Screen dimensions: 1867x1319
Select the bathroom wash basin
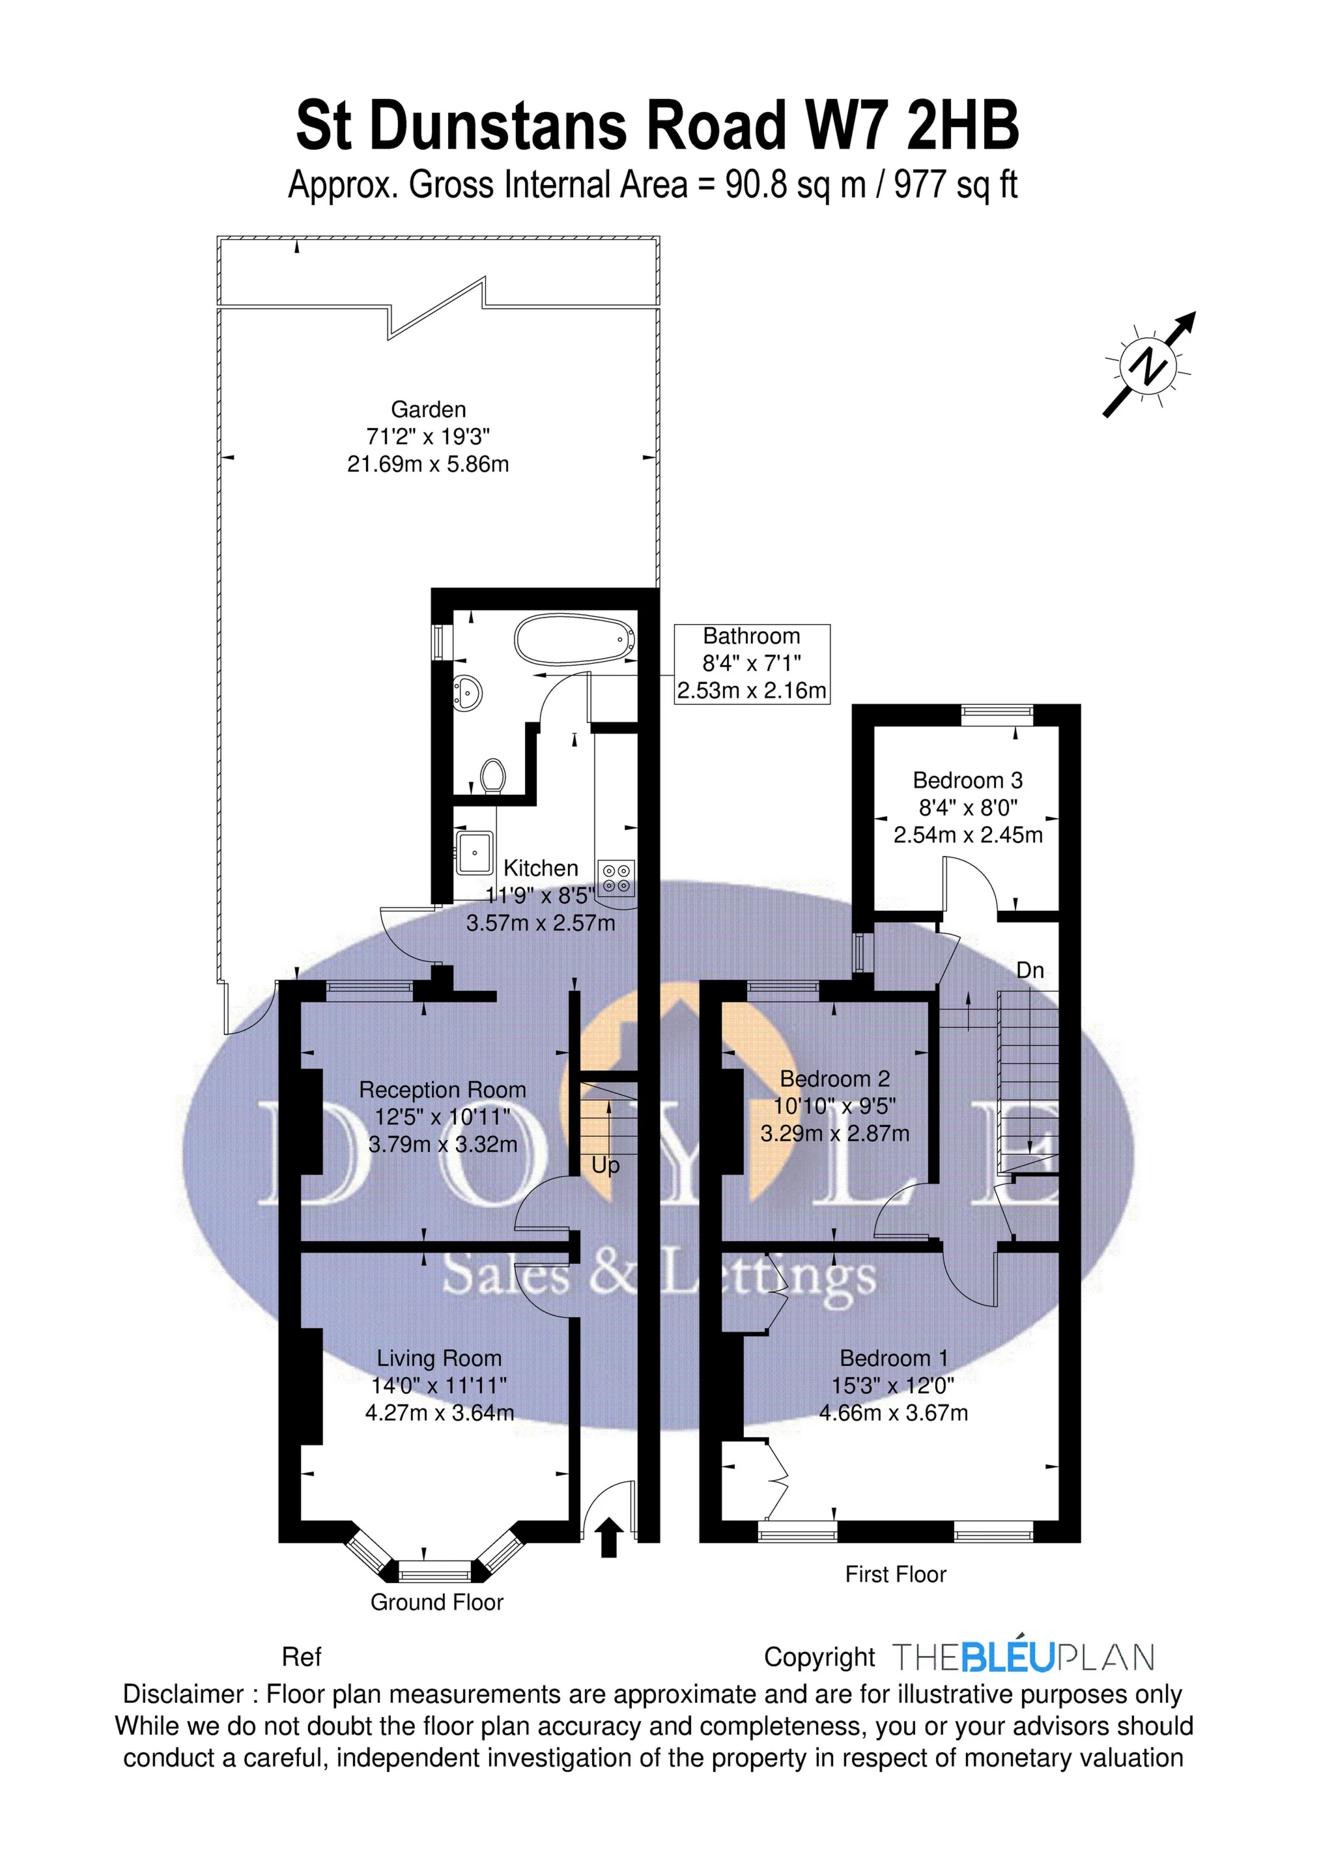pos(468,694)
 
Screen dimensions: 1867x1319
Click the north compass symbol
pos(1149,366)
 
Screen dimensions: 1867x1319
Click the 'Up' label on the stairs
pos(605,1165)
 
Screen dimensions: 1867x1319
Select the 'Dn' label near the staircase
pos(1030,970)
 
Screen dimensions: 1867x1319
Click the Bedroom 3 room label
pos(967,780)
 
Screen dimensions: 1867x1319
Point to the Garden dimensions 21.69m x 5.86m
pos(428,464)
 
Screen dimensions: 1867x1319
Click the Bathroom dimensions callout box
pos(752,664)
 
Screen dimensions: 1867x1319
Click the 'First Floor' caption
pos(896,1575)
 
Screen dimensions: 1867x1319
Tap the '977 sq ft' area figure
pos(956,186)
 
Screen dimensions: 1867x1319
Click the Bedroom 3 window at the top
pos(997,713)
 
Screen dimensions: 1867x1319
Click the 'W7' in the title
pos(848,126)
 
